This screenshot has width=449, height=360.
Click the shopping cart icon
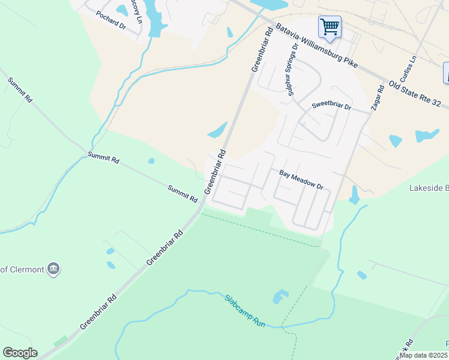(x=330, y=27)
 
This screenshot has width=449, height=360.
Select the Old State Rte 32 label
(x=418, y=94)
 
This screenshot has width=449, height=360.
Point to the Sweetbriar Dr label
(x=331, y=106)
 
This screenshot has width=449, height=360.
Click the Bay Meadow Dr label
(x=301, y=179)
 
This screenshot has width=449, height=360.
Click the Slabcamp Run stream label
(x=245, y=310)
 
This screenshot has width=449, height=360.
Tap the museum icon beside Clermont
(x=54, y=269)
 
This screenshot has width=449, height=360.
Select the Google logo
(x=20, y=353)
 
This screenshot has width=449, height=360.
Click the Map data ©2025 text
(x=423, y=355)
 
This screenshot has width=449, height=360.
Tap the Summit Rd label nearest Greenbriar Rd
(x=182, y=193)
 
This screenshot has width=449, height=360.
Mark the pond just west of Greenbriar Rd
(x=217, y=129)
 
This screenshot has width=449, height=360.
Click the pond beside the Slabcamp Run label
(x=280, y=296)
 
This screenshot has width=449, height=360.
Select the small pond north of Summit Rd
(x=151, y=161)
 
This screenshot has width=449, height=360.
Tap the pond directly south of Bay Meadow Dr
(x=354, y=196)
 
